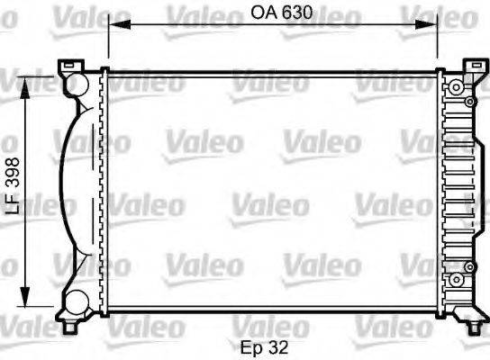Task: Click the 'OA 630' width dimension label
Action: coord(273,14)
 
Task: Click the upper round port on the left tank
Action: coord(77,84)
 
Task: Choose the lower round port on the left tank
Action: coord(77,301)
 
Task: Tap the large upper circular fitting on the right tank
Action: coord(457,86)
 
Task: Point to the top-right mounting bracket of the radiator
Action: coord(474,68)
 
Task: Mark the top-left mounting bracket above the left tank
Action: coord(69,67)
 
